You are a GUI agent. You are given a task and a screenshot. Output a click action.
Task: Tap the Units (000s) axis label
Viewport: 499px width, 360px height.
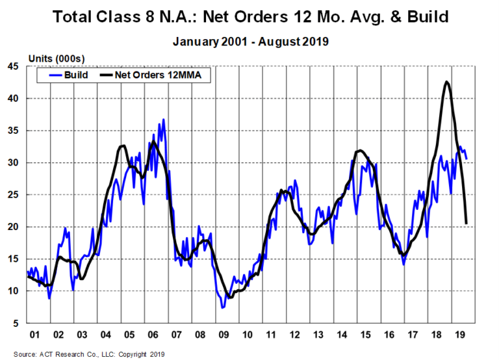(54, 58)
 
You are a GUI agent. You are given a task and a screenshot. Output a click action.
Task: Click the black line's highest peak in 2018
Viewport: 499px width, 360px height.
(446, 82)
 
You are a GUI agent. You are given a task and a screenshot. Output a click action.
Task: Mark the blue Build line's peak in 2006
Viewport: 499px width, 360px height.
(164, 120)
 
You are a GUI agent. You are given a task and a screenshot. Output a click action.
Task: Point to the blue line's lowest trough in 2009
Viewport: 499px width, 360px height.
(223, 307)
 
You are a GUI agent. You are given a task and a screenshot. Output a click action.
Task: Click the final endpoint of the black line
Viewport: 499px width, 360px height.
(467, 223)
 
